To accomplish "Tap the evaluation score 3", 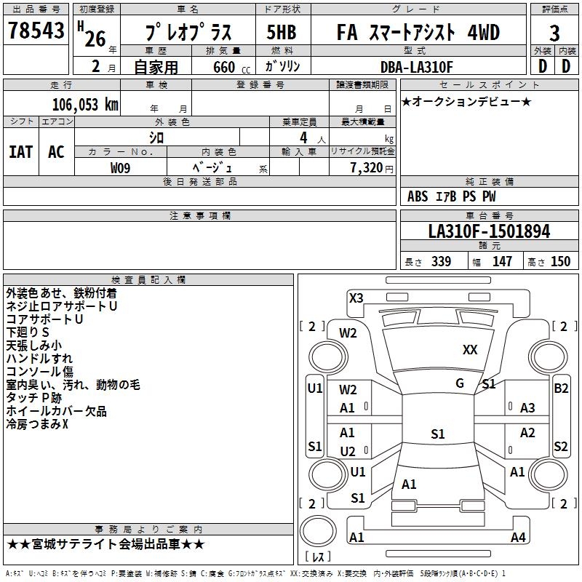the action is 554,33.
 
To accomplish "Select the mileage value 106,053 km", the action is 85,105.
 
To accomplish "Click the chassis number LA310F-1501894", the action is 489,232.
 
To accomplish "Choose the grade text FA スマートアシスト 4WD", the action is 418,33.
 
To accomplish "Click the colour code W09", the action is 121,168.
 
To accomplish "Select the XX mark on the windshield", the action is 470,350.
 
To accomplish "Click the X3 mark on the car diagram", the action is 356,298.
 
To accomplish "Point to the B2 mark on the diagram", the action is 561,388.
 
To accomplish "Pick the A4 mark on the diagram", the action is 518,538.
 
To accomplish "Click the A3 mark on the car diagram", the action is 527,408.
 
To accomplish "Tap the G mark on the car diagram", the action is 460,383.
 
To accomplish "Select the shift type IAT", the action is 20,152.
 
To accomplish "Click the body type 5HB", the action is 281,33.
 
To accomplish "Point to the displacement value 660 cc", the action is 224,68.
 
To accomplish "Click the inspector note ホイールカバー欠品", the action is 56,412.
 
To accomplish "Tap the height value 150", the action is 560,262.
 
